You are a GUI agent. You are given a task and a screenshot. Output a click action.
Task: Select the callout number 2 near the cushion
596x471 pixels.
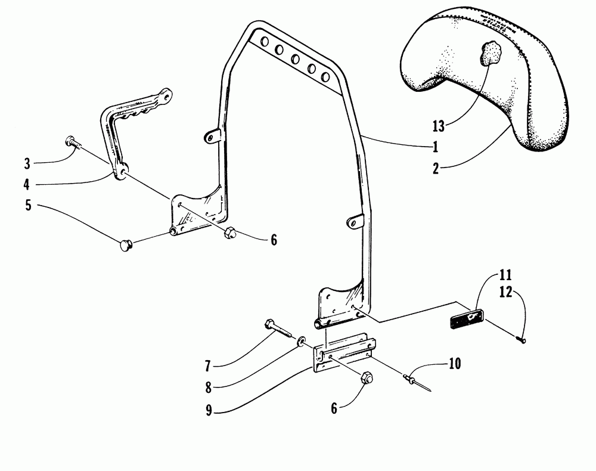coord(436,168)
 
